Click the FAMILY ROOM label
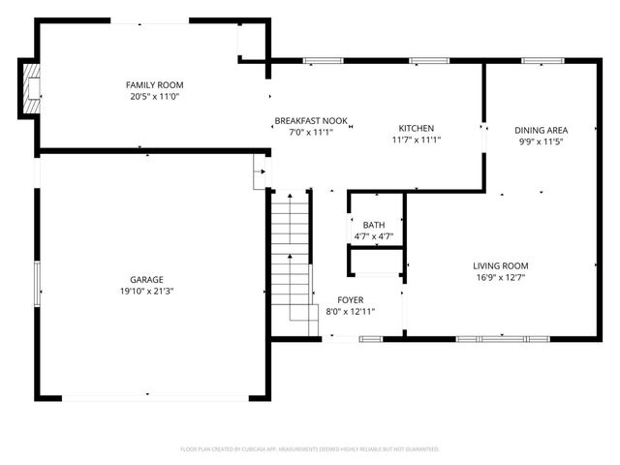[x=147, y=85]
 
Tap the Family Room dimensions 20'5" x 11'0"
[x=147, y=97]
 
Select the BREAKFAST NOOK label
[x=310, y=121]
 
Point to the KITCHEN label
[x=417, y=128]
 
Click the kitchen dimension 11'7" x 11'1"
[x=417, y=139]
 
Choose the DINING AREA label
[x=541, y=130]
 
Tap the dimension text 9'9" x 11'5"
[x=541, y=141]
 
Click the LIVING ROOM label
[x=500, y=265]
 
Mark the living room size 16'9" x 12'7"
[x=500, y=277]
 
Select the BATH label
[x=373, y=225]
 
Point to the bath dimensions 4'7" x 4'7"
[x=373, y=235]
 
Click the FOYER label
[x=350, y=300]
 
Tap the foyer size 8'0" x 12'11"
[x=350, y=312]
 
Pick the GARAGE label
[x=147, y=279]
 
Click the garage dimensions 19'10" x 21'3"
[x=147, y=291]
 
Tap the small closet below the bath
[x=376, y=262]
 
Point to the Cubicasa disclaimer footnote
[x=310, y=449]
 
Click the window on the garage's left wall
[x=37, y=281]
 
